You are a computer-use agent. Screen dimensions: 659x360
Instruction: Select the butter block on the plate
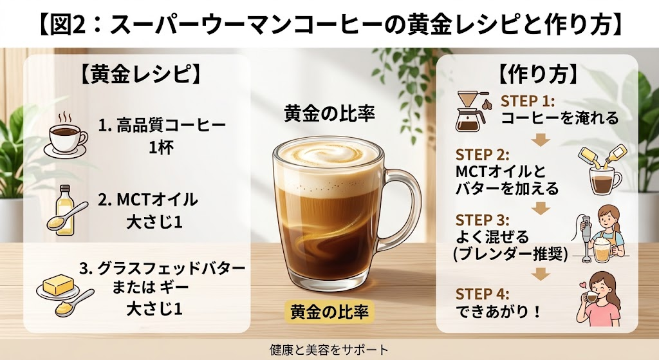click(59, 285)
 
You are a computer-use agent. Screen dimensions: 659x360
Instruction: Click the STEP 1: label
click(528, 101)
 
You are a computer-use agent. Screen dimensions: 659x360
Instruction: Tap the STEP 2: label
click(483, 155)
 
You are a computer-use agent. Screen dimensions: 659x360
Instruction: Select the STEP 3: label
click(483, 220)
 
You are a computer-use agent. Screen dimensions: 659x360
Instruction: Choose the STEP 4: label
click(483, 294)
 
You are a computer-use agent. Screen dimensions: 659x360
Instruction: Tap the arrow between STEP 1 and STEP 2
click(541, 140)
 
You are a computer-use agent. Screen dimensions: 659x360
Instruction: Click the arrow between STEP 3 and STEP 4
click(541, 274)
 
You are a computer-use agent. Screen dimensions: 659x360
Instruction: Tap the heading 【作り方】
click(537, 75)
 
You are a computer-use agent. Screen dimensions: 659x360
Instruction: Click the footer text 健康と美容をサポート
click(329, 349)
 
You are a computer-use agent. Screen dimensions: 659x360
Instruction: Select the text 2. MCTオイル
click(147, 200)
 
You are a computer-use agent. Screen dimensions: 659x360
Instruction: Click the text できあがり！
click(498, 312)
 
